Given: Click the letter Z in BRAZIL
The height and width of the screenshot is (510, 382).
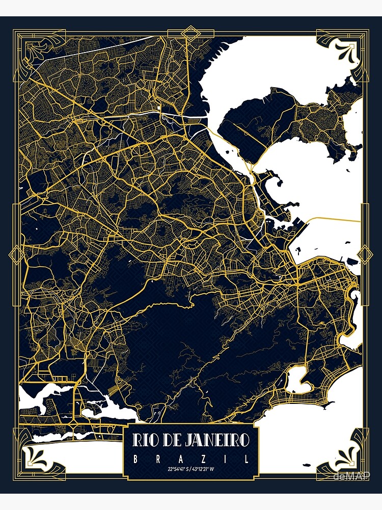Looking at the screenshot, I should (x=205, y=458).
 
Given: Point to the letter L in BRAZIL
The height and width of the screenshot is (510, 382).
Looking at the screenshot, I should (x=248, y=458).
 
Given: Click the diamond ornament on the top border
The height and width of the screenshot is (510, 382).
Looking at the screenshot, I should (x=191, y=33).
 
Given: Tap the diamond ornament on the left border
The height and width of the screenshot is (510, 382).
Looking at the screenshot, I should (x=17, y=253).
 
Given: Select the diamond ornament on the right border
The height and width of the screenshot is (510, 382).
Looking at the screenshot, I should (x=365, y=253).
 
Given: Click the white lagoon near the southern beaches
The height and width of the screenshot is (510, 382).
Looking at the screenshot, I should (x=297, y=378).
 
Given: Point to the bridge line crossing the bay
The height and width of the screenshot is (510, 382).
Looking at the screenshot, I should (x=331, y=219).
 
